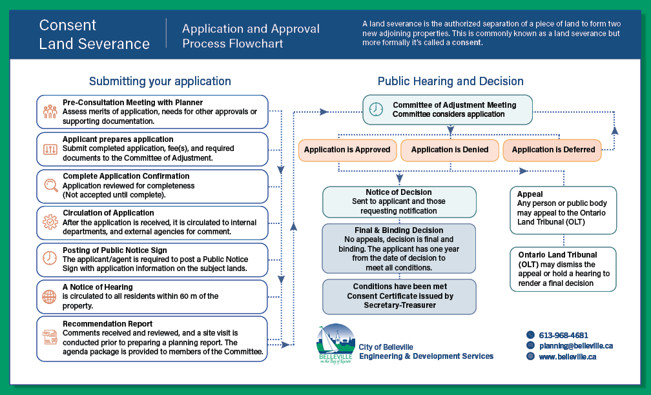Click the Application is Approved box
[347, 150]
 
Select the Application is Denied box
[449, 150]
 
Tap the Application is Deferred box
[552, 150]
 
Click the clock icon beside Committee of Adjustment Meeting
[376, 110]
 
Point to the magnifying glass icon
[50, 185]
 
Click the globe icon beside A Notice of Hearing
[49, 296]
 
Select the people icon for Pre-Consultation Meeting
[50, 112]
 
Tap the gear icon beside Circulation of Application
[50, 222]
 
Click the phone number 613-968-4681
[563, 335]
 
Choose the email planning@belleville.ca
[576, 346]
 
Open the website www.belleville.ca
[568, 356]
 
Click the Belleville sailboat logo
[335, 344]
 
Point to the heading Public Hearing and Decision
[451, 81]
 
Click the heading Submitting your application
[160, 81]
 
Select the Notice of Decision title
[398, 192]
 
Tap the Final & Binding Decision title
[398, 230]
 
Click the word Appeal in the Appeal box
[530, 194]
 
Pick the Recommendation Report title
[107, 323]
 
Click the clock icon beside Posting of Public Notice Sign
[49, 258]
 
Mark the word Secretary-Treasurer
[400, 305]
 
